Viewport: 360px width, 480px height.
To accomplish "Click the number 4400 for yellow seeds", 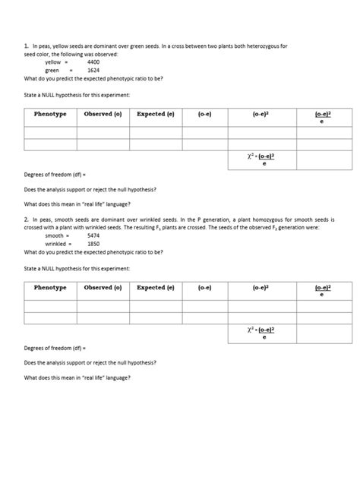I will (x=93, y=62).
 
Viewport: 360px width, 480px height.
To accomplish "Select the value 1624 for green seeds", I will (x=93, y=70).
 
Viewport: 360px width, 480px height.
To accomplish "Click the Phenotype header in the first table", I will (x=50, y=114).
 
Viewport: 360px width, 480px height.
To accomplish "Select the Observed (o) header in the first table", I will (x=103, y=114).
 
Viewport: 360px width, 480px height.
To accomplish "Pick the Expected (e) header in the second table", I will (x=156, y=288).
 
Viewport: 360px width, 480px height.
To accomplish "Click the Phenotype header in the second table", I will (x=50, y=288).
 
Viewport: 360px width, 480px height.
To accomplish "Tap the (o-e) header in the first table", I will (x=204, y=114).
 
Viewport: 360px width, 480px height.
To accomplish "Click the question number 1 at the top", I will (x=27, y=46).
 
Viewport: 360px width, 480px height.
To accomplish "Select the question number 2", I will (x=27, y=219).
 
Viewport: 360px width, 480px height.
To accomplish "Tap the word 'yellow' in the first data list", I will (x=53, y=62).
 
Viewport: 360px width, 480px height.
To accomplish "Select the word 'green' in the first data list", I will (x=52, y=70).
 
